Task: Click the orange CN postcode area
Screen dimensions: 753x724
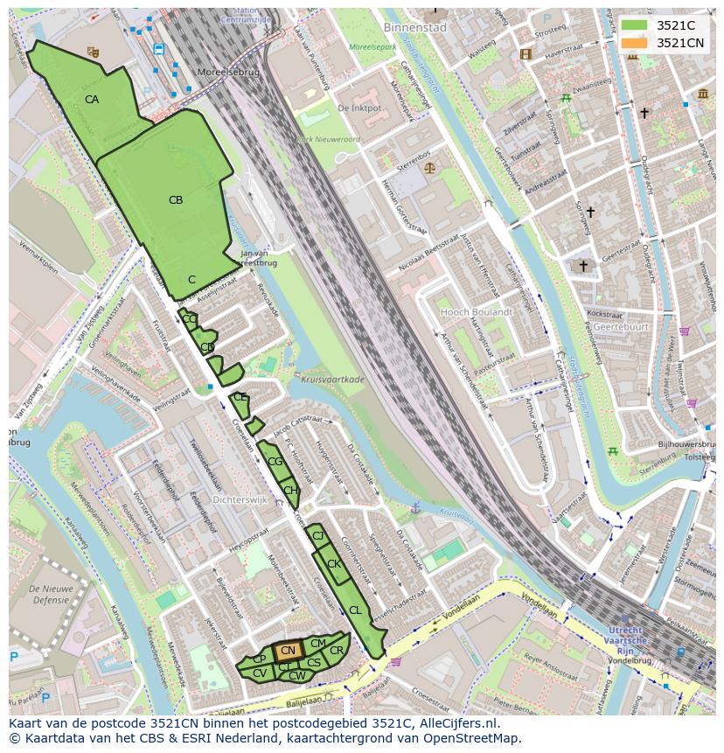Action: tap(288, 651)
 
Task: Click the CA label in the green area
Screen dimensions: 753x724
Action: tap(92, 100)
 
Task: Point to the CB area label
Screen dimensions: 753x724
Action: tap(176, 200)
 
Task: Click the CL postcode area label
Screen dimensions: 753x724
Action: tap(355, 610)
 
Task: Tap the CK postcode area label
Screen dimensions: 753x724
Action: tap(333, 564)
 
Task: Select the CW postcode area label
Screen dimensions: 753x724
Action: tap(296, 675)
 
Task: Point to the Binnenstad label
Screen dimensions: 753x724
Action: tap(414, 28)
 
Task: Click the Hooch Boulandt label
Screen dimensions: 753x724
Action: tap(477, 311)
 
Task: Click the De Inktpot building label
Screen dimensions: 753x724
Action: tap(359, 108)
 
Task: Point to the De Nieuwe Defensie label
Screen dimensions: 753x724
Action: tap(39, 594)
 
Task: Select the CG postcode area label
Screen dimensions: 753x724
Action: tap(275, 462)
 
